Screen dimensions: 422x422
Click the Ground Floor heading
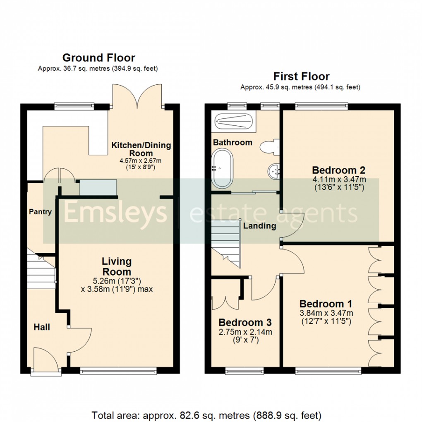click(98, 58)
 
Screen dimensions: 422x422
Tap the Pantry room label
click(40, 212)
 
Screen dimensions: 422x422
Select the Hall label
click(42, 327)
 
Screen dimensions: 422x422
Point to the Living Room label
click(117, 266)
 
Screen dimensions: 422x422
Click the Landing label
click(259, 226)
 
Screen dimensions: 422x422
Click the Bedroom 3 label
click(245, 322)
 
